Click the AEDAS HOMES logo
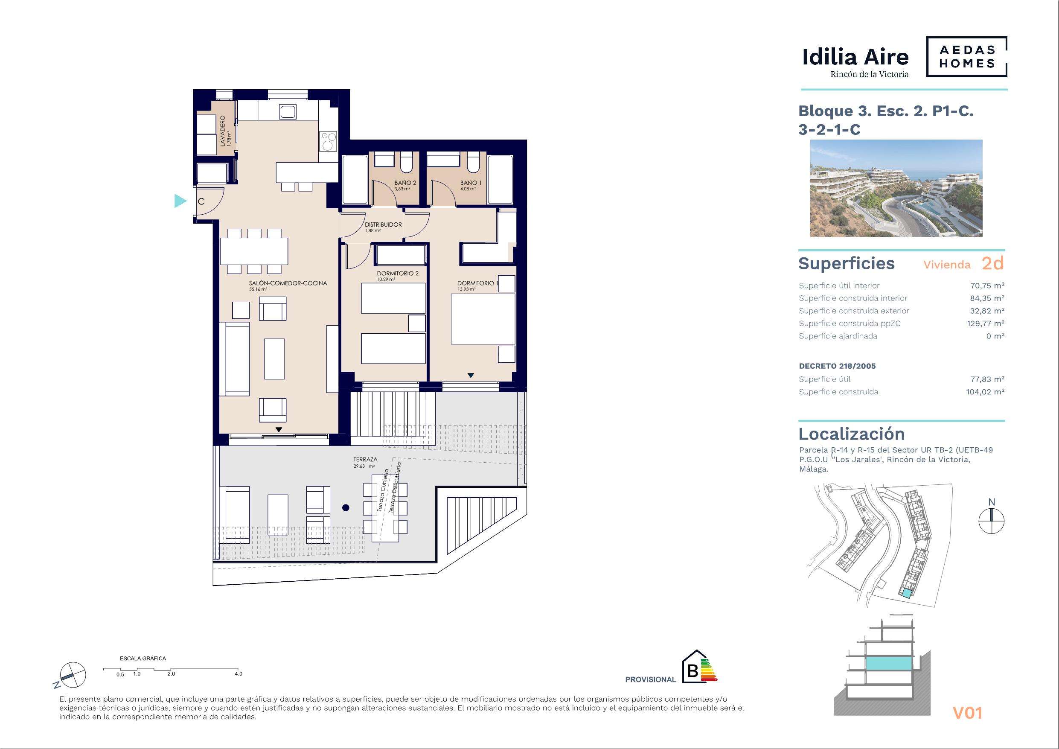[x=966, y=57]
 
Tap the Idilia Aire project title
[x=855, y=57]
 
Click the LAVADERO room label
[x=223, y=131]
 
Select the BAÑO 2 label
[x=405, y=183]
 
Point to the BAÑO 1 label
[x=471, y=183]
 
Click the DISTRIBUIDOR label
[x=383, y=225]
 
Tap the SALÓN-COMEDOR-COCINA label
[x=288, y=283]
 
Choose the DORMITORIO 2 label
[x=398, y=273]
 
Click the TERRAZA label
[x=365, y=460]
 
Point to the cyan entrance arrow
[x=180, y=201]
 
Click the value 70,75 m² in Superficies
[x=987, y=286]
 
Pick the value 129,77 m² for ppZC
[x=986, y=323]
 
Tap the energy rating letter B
[x=692, y=671]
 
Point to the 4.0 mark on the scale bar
[x=238, y=674]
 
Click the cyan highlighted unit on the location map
[x=907, y=594]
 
